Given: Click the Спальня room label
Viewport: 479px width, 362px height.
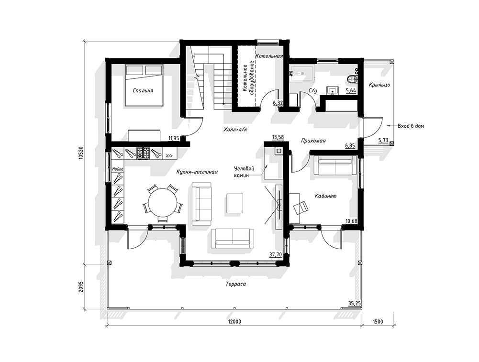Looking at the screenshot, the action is click(143, 91).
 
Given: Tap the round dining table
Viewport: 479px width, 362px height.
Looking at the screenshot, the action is click(162, 202).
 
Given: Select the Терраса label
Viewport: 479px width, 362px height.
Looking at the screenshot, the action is click(236, 284).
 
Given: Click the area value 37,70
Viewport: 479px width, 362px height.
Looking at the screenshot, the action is click(276, 255).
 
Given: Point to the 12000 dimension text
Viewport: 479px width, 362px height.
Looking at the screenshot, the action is click(234, 321).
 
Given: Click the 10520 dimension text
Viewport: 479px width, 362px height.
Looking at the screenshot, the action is click(81, 152).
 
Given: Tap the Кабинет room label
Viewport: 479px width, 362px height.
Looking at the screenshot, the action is click(326, 196).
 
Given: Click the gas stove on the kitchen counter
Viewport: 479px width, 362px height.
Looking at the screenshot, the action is click(143, 153).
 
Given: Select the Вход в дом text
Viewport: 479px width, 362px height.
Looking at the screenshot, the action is click(411, 126).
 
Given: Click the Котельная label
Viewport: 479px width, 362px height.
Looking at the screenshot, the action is click(269, 56).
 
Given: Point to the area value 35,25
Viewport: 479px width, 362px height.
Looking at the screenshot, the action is click(355, 303).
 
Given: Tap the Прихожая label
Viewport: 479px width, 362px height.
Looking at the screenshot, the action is click(313, 141).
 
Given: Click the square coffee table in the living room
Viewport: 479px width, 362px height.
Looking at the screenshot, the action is click(234, 204).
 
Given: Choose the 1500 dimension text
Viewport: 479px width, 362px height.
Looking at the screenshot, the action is click(378, 321).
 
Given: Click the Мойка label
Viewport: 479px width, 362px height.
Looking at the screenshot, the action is click(118, 169).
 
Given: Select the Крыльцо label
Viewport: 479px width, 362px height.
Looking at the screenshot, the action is click(379, 85).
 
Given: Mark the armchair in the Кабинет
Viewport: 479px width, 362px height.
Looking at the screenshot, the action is click(301, 208).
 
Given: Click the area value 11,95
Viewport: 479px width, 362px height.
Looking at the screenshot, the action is click(174, 138).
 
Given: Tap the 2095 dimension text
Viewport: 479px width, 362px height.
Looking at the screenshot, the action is click(81, 287).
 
